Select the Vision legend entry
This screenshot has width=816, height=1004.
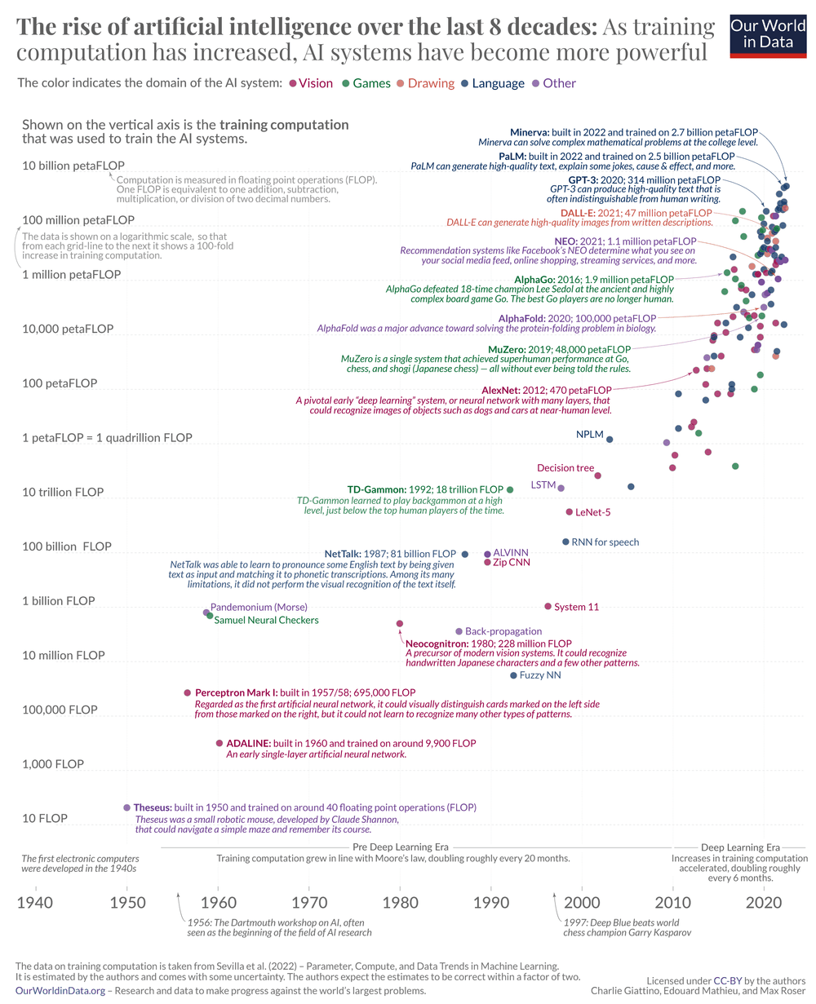(x=311, y=83)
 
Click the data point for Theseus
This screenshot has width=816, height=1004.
(x=126, y=807)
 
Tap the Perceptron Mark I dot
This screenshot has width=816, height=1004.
(x=187, y=692)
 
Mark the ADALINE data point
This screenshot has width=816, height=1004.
(x=219, y=743)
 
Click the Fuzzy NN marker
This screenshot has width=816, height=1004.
(x=513, y=675)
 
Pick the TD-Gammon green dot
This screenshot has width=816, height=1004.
(x=510, y=489)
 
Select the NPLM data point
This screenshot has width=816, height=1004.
(x=610, y=440)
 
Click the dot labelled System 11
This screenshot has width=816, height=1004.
(x=548, y=606)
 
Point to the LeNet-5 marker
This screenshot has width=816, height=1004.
(x=570, y=512)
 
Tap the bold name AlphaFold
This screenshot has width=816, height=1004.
(x=522, y=317)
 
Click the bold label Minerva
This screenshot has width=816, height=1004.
(x=534, y=131)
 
